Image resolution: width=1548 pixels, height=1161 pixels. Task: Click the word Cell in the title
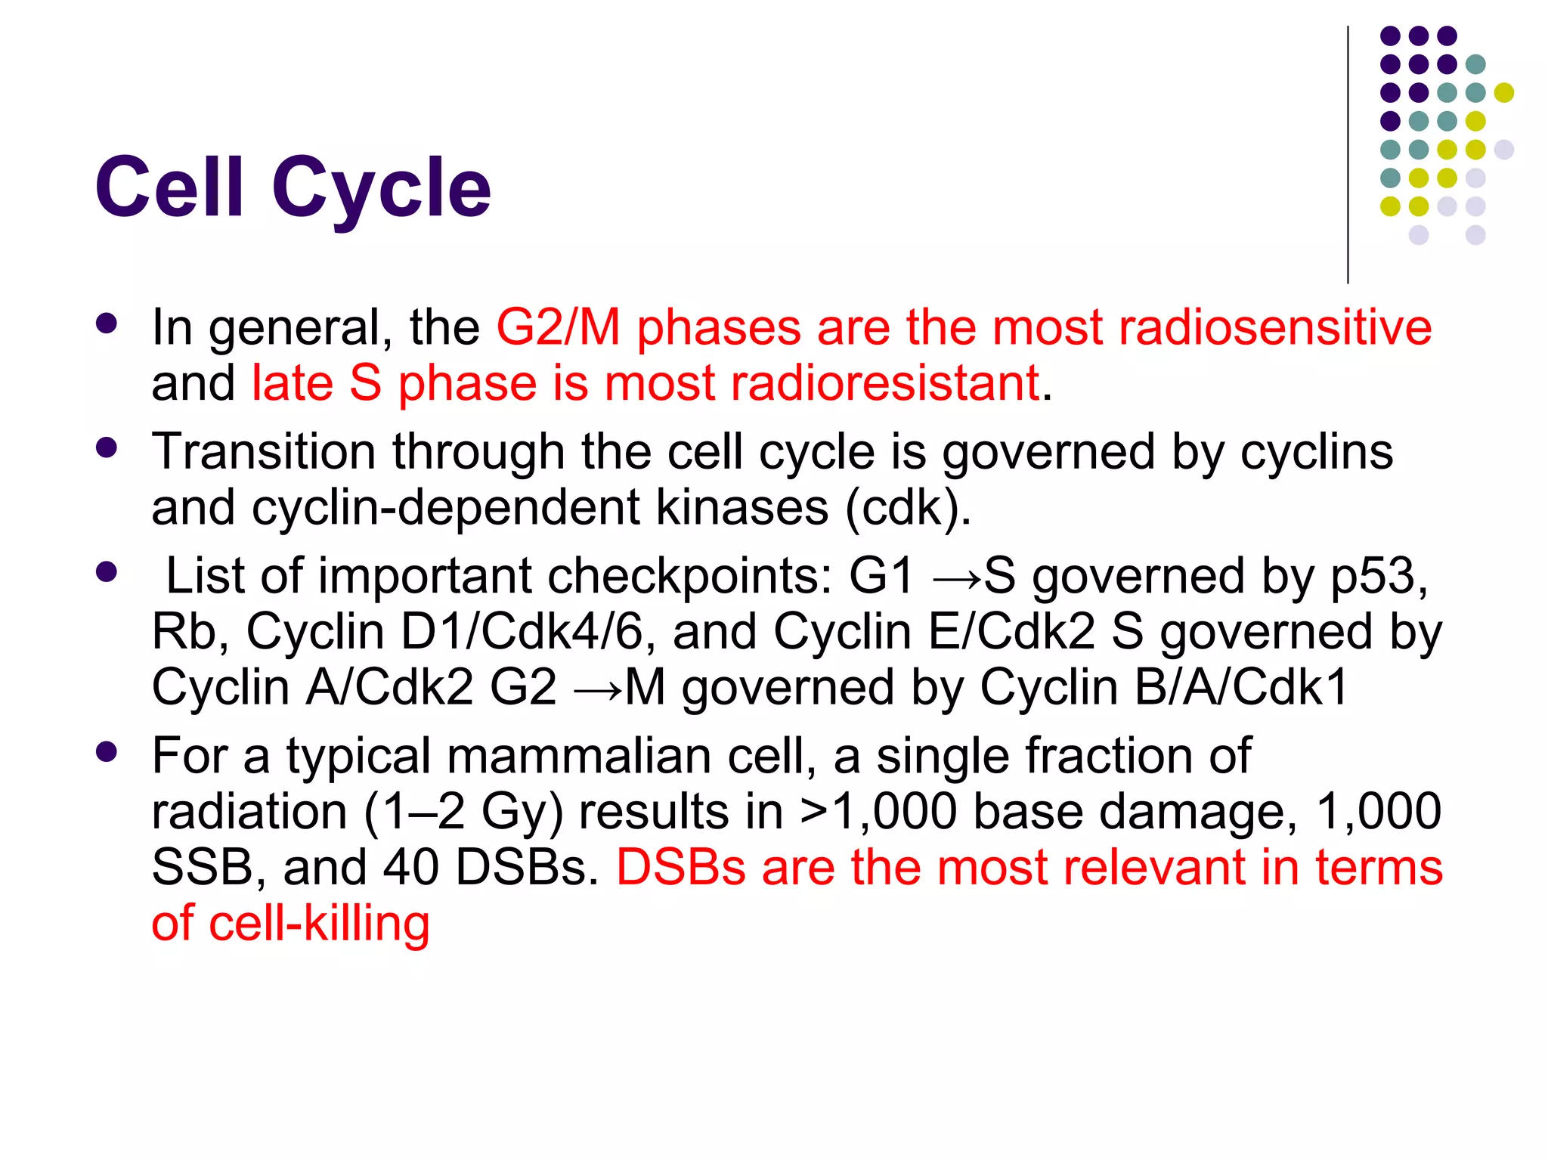(x=169, y=187)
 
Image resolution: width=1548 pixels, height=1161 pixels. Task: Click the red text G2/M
(x=558, y=328)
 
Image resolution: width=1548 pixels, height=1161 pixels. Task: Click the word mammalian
(x=578, y=756)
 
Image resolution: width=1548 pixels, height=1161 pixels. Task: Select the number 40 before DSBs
(x=410, y=867)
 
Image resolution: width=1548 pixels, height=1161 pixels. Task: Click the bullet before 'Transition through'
(x=107, y=447)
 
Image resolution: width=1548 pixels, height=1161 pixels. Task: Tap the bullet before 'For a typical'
(x=107, y=751)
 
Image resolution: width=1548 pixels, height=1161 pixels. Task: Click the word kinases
(x=741, y=508)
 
